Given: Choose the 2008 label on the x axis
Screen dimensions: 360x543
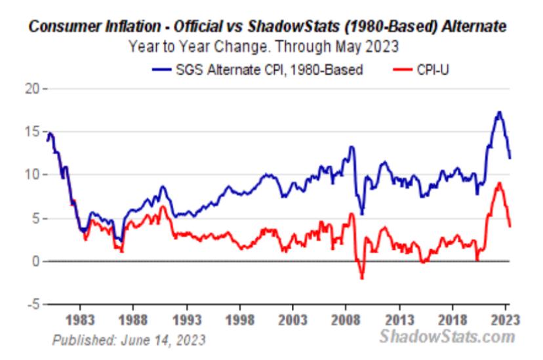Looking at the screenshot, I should point(347,322).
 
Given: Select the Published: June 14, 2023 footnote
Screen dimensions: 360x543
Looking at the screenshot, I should point(128,339).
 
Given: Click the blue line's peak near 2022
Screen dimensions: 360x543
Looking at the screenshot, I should point(500,112).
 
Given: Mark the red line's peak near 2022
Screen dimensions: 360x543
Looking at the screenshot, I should point(500,183).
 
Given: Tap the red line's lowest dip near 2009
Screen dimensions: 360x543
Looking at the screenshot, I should point(361,279).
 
